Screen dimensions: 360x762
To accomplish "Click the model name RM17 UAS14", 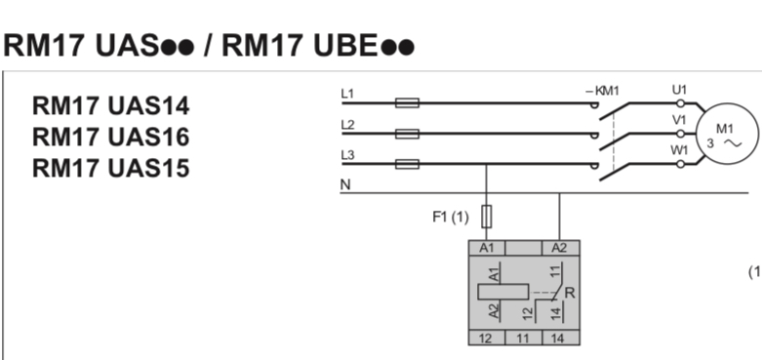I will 111,105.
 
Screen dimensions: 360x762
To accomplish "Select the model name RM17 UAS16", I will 111,137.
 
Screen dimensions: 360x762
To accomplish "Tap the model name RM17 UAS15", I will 111,168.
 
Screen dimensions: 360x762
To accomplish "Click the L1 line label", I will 347,93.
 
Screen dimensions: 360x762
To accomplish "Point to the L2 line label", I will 347,125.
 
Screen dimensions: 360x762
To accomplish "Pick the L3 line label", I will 347,156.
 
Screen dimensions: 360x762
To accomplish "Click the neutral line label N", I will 345,185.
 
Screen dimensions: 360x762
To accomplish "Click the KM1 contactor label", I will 603,91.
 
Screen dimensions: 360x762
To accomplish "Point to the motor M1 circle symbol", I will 725,135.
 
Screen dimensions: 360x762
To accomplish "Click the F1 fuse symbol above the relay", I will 486,216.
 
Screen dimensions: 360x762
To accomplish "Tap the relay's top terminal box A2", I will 558,248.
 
